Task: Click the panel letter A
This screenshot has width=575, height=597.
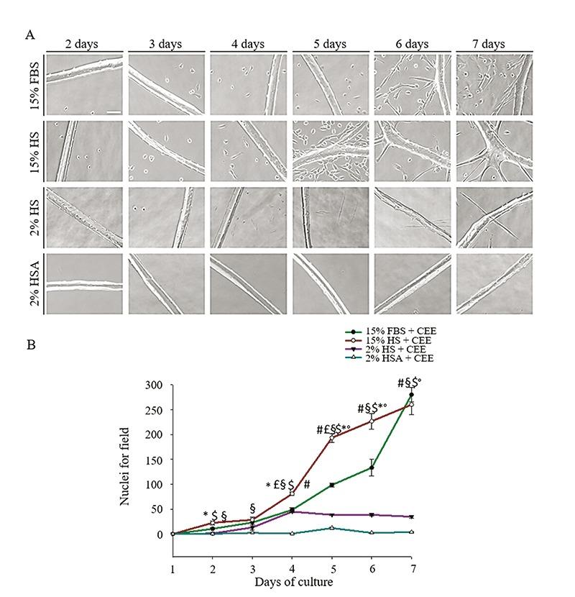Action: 29,35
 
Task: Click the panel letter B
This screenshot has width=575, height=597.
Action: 29,345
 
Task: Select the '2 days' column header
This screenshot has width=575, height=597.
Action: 83,45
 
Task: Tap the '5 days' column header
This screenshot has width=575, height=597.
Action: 330,45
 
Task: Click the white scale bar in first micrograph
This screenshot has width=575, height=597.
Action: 114,111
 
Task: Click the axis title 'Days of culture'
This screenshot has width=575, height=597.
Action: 291,581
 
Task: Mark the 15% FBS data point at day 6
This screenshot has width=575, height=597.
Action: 372,468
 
